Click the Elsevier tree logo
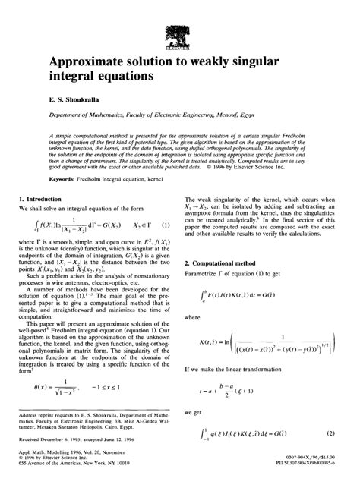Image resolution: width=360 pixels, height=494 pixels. click(x=180, y=32)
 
